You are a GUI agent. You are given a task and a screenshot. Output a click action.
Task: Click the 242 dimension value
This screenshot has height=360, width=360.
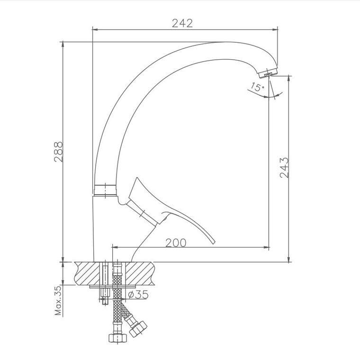182,23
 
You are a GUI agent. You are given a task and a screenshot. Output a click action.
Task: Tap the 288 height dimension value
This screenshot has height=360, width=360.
59,152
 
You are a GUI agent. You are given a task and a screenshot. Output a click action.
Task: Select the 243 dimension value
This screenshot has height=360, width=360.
284,168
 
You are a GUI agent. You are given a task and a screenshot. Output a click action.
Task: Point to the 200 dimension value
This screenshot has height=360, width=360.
176,243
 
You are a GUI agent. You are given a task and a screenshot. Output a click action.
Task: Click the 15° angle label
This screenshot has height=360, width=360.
257,87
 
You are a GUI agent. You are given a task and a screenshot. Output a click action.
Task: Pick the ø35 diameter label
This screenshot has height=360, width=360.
138,295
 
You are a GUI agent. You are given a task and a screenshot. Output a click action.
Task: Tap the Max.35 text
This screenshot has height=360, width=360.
58,300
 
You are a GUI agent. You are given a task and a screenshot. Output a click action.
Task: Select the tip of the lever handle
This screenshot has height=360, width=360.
214,242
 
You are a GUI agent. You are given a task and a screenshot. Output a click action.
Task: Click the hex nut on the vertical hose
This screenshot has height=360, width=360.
117,338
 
